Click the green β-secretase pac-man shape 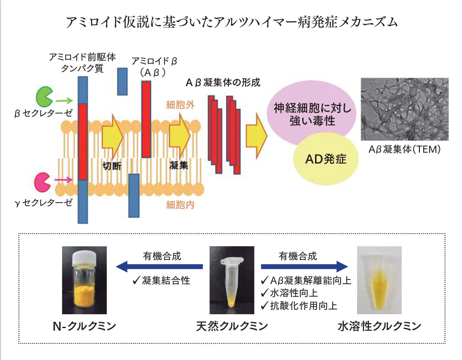point(43,97)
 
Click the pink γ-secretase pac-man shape point(42,182)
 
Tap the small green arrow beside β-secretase point(64,101)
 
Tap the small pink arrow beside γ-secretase point(63,180)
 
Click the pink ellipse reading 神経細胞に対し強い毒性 point(312,112)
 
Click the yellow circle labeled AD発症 point(326,160)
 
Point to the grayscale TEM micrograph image point(404,109)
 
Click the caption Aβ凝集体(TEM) point(404,149)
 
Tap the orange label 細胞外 point(180,105)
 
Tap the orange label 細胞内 point(180,205)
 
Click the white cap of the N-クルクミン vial point(85,257)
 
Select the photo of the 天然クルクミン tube point(232,280)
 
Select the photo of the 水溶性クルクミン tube point(379,280)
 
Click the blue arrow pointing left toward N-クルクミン point(159,267)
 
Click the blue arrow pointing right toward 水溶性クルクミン point(304,267)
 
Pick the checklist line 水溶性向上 point(289,293)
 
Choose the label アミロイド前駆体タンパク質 point(82,63)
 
